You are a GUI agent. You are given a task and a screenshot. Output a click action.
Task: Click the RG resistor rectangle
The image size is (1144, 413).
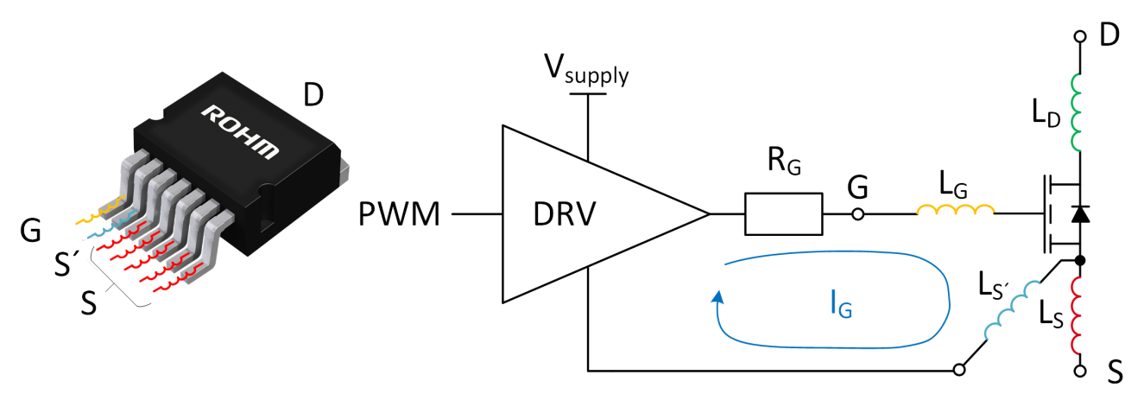point(783,213)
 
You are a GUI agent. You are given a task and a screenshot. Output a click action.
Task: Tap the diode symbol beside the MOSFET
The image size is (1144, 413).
point(1078,213)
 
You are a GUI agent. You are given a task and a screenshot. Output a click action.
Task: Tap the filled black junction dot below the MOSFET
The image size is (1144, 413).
point(1079,259)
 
